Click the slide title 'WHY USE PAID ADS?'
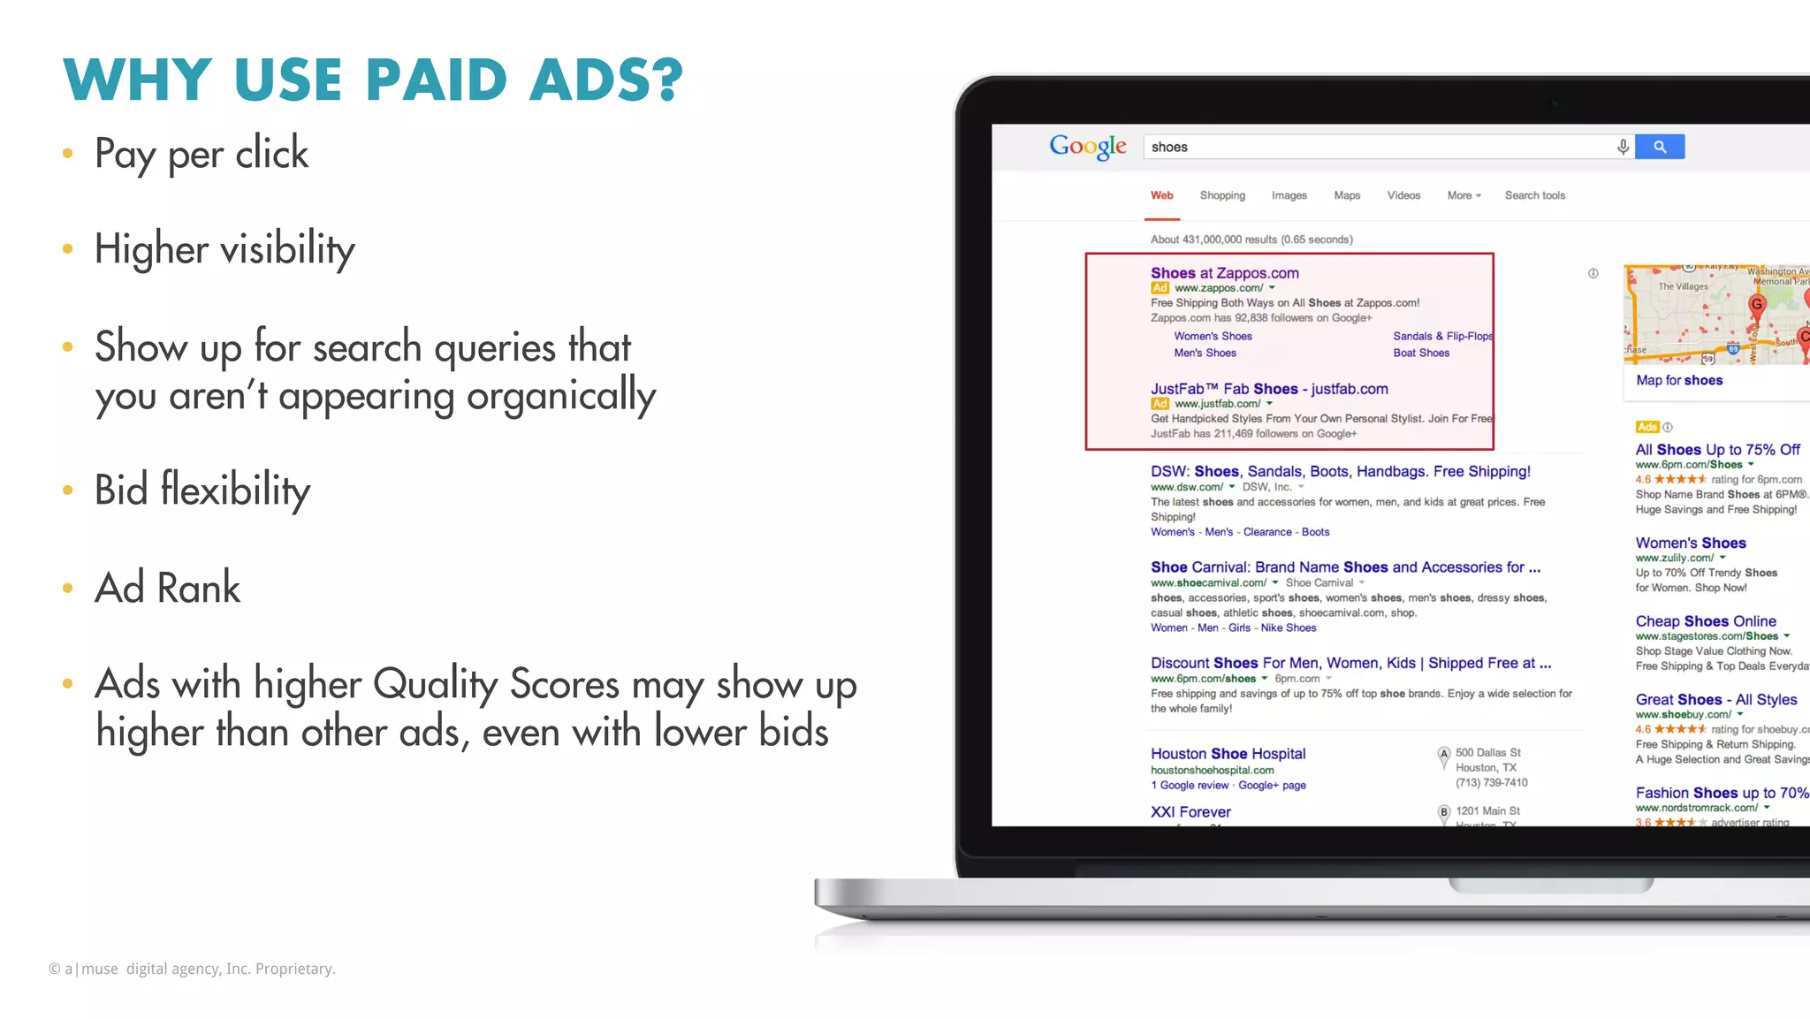(373, 80)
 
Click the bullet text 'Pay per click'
(202, 154)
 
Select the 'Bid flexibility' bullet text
(202, 490)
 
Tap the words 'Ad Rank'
(168, 588)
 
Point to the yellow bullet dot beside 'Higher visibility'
(68, 250)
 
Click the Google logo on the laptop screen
(1087, 147)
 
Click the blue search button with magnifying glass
(1660, 147)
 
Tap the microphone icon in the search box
(1623, 147)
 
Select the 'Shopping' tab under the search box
(1222, 195)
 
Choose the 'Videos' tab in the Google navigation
(1403, 195)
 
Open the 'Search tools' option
(1534, 195)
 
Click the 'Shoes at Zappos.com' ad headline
(1224, 273)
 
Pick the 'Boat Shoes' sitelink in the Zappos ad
(1421, 353)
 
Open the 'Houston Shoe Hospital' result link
(1228, 754)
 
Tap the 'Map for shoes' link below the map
(1679, 380)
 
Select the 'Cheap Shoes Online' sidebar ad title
(1706, 621)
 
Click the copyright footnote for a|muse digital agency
(192, 969)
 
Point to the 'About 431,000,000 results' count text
(1251, 240)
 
